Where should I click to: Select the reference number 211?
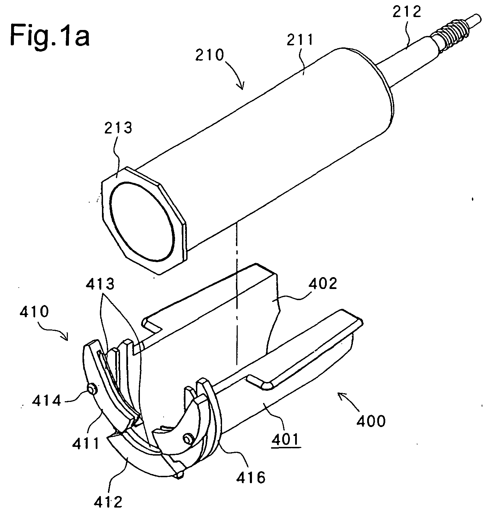point(300,41)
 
